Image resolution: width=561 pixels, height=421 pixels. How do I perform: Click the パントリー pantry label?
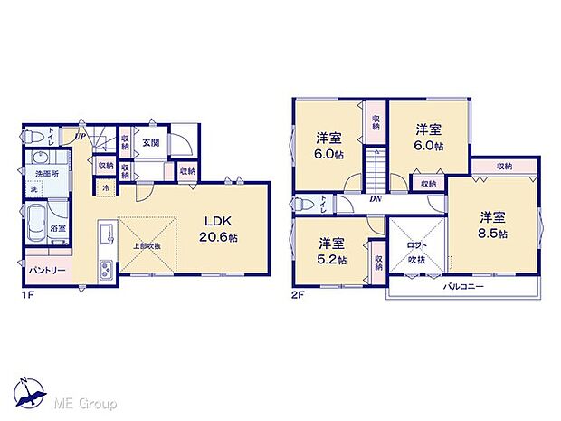(40, 270)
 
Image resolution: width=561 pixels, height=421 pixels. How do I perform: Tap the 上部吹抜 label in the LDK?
(144, 246)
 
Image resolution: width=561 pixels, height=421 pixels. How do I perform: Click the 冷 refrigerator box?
(106, 187)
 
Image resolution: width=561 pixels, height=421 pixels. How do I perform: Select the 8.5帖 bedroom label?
(493, 225)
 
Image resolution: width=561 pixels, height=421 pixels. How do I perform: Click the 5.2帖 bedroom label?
(329, 251)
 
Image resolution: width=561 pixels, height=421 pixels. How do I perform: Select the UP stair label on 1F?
(81, 138)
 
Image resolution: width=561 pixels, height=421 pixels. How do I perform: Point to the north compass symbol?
(30, 390)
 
